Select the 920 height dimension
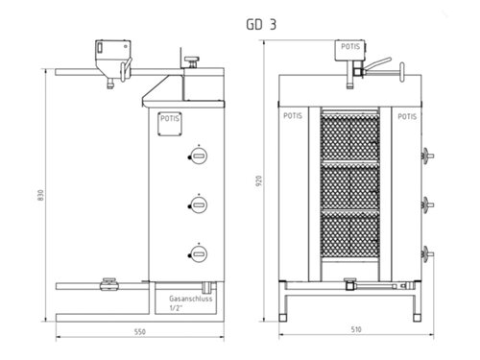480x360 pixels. click(257, 182)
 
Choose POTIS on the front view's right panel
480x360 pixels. click(406, 114)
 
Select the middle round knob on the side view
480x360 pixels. click(200, 203)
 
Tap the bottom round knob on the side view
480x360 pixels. click(200, 252)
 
